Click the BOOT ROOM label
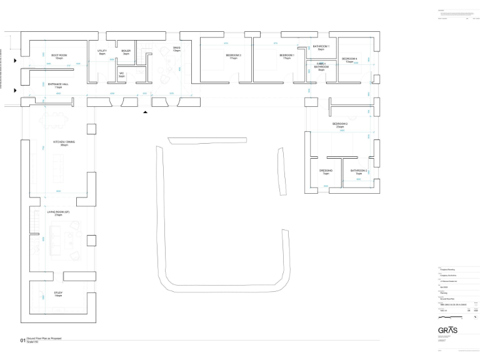point(59,56)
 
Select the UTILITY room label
point(102,52)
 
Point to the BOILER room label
point(126,52)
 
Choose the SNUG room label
point(176,49)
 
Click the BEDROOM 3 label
point(234,56)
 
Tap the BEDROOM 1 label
point(287,56)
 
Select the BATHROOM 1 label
point(321,47)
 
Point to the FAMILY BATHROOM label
point(321,66)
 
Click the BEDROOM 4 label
point(349,60)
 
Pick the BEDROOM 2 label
point(340,125)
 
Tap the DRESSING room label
point(326,171)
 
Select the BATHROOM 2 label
point(359,171)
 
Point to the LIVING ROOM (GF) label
point(59,213)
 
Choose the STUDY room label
point(58,294)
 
